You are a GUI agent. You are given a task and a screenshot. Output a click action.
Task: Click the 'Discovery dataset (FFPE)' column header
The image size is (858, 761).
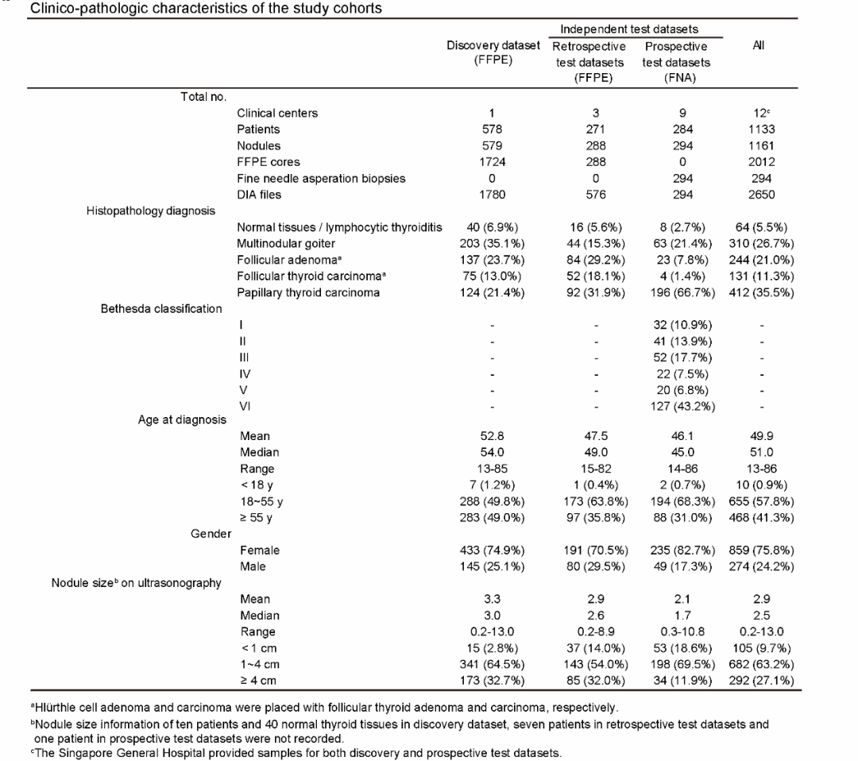(x=493, y=52)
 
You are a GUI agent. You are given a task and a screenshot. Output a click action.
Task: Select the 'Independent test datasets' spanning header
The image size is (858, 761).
(x=628, y=29)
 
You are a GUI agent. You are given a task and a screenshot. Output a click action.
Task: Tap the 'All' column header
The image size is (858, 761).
(x=759, y=45)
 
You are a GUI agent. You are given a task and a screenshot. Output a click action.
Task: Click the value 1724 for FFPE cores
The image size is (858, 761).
(x=492, y=162)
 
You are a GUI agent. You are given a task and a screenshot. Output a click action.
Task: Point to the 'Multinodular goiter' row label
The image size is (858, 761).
(x=286, y=243)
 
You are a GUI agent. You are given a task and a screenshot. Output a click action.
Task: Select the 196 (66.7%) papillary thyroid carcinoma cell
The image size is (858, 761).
(x=682, y=292)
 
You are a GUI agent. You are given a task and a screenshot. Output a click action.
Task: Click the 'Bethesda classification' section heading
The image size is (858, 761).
(x=161, y=308)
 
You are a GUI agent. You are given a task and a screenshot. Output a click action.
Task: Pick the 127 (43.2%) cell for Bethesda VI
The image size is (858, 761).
(x=682, y=407)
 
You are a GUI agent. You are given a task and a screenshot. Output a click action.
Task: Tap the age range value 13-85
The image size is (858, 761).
(x=492, y=469)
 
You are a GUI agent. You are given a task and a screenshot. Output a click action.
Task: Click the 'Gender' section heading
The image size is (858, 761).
(x=211, y=534)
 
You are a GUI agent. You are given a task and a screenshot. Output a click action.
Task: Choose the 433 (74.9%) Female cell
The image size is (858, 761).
(x=492, y=550)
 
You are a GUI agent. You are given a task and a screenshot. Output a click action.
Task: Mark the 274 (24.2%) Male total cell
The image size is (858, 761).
(x=761, y=567)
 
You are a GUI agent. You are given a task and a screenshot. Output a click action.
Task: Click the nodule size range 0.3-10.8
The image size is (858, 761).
(x=682, y=632)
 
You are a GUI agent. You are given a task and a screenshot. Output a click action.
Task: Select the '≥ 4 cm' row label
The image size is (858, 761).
(x=258, y=681)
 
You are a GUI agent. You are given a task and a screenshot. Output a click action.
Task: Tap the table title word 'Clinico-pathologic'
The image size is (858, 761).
(x=79, y=8)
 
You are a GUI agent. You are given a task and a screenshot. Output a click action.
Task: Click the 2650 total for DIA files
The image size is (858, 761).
(x=761, y=195)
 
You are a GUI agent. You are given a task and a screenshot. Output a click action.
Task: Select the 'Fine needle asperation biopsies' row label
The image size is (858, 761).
(x=321, y=179)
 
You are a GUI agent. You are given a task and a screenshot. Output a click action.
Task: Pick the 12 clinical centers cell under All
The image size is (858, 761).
(x=761, y=114)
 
